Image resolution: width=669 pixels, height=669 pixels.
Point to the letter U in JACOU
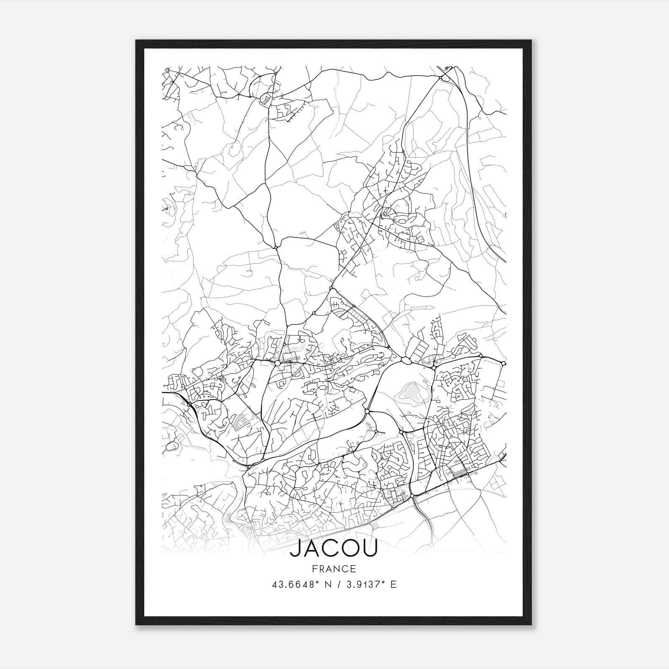(369, 549)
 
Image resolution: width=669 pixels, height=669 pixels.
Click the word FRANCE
(334, 569)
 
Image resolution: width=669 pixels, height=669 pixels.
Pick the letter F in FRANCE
(314, 569)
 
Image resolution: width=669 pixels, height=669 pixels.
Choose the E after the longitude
(393, 585)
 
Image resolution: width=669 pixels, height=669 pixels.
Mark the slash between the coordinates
(337, 585)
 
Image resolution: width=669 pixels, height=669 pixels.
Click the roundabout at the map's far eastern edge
(503, 363)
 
